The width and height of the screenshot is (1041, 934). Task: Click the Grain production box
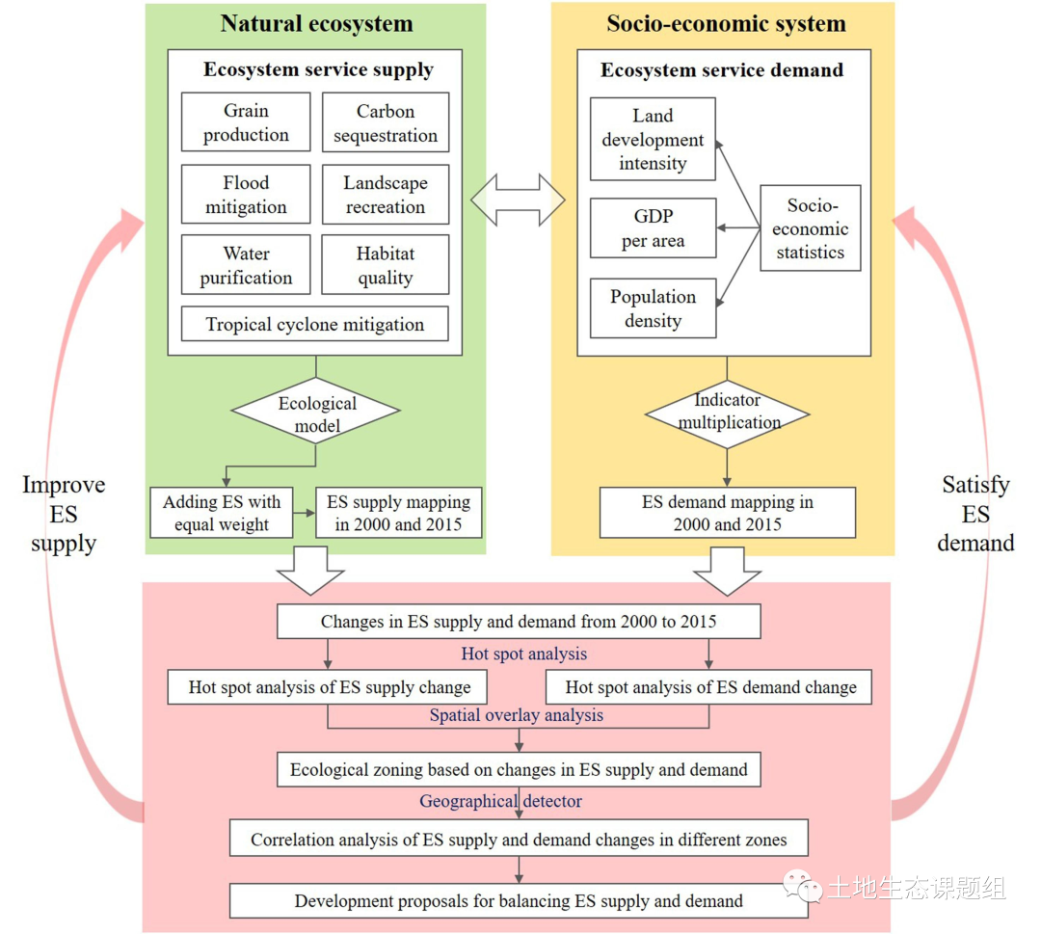point(246,122)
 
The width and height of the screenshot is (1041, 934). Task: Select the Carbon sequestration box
point(386,122)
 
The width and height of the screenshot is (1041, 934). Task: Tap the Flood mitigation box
point(246,195)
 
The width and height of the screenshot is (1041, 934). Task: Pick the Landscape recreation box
point(386,195)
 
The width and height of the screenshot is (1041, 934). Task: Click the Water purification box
point(246,265)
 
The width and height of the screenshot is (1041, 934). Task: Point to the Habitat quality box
point(386,265)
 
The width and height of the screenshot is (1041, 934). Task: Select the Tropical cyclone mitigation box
point(315,324)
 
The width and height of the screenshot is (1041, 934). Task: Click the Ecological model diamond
point(316,412)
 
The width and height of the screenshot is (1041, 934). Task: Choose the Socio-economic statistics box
point(810,228)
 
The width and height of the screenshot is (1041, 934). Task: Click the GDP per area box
point(653,228)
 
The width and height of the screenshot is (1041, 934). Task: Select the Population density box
point(653,308)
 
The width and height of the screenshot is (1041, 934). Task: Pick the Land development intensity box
point(653,139)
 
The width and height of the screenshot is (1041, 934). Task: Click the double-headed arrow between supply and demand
point(518,200)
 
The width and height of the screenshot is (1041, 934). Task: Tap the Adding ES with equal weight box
point(222,513)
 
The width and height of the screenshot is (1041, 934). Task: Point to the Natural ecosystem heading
point(316,24)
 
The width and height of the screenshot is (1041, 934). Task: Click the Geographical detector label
point(500,801)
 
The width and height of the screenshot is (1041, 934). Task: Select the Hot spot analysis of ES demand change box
point(710,687)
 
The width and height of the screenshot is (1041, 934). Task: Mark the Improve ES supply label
point(64,514)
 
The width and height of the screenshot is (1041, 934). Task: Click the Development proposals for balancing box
point(519,901)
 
